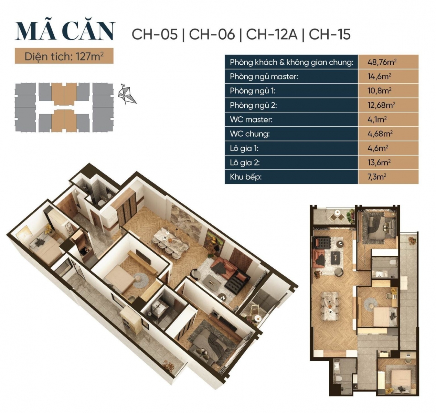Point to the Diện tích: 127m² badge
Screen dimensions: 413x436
pos(64,56)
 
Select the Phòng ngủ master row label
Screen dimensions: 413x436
pos(264,76)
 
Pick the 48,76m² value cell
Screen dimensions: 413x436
pos(382,62)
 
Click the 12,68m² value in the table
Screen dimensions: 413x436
pos(381,105)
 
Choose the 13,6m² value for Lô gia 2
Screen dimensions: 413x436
pos(379,162)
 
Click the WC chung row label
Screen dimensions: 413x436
pos(249,134)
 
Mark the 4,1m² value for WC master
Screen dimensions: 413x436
pos(377,119)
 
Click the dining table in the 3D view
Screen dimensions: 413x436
pos(170,241)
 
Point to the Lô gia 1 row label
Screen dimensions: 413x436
pos(244,148)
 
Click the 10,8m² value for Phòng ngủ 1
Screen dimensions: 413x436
pos(379,91)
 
